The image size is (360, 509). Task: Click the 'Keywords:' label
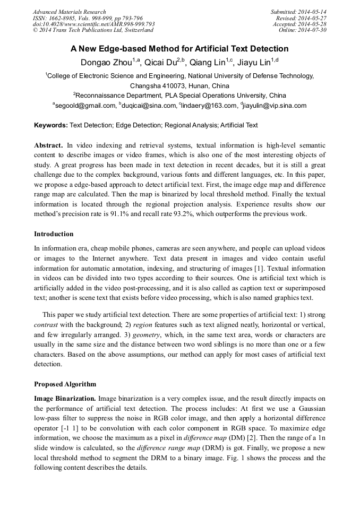pos(51,126)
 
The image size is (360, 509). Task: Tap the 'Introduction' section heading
pos(54,234)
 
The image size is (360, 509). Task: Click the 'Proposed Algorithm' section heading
pos(65,384)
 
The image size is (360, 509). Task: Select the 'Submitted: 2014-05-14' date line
pos(298,12)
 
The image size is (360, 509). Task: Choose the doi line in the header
pos(93,24)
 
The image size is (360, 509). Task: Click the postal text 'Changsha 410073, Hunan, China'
pos(179,86)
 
